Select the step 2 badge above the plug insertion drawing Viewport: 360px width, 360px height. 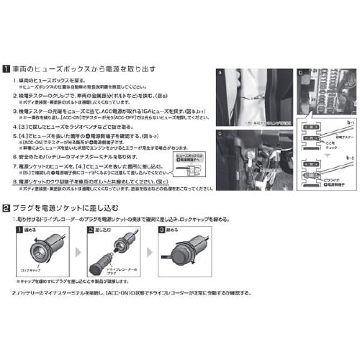coord(90,228)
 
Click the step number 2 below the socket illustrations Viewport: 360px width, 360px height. coord(16,294)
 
